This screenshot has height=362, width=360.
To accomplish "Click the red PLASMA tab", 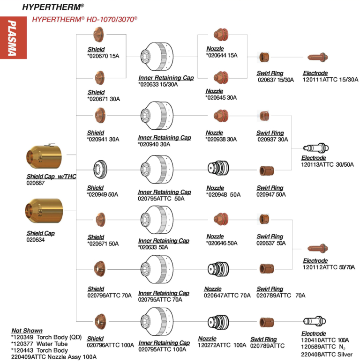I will [x=11, y=38].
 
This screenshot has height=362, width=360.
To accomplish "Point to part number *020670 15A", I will [x=103, y=56].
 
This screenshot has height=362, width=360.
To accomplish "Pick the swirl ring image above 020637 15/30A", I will [x=264, y=58].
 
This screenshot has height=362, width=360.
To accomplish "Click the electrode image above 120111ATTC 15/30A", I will [x=320, y=58].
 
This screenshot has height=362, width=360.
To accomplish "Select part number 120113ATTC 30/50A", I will [x=327, y=164].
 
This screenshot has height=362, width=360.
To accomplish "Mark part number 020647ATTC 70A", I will [x=227, y=296].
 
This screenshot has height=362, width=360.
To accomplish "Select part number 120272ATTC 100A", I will [x=222, y=345].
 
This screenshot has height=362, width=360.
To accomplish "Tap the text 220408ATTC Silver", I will [x=327, y=355].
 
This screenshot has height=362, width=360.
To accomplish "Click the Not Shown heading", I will [x=27, y=331].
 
